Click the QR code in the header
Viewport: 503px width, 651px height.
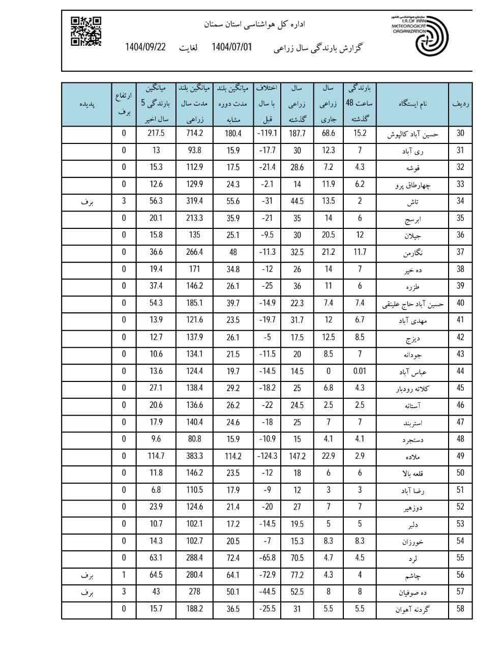(x=86, y=31)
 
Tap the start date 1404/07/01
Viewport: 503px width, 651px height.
(x=231, y=47)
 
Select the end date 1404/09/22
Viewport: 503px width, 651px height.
(x=146, y=47)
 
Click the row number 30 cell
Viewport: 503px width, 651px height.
(x=460, y=134)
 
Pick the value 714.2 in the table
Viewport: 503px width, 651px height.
(x=193, y=134)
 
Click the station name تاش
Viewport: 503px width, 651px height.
(x=412, y=201)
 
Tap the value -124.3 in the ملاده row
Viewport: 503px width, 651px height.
(x=267, y=456)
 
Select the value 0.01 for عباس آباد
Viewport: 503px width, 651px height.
(x=360, y=371)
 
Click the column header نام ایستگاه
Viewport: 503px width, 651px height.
(x=412, y=104)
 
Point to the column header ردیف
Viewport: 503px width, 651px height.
(x=460, y=104)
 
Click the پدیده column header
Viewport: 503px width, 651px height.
(x=87, y=104)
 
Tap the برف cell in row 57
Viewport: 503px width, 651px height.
(x=87, y=592)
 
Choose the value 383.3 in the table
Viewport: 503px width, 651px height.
(x=193, y=456)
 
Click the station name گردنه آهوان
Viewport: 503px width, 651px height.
(x=412, y=609)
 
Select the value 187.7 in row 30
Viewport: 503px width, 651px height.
(x=298, y=134)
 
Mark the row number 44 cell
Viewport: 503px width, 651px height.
(x=460, y=371)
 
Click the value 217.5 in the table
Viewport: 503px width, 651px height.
(x=156, y=134)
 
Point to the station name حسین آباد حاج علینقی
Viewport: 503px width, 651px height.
(x=412, y=304)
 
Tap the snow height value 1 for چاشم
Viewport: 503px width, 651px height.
(x=124, y=575)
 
